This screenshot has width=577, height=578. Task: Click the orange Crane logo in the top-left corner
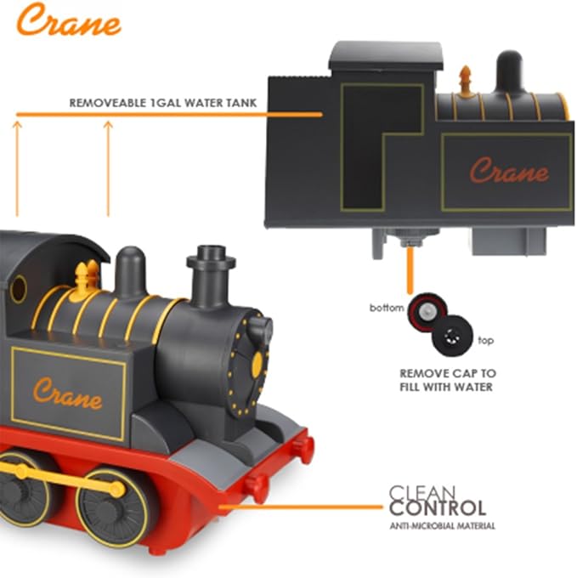[x=68, y=21]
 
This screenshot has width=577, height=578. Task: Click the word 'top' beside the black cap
[x=485, y=340]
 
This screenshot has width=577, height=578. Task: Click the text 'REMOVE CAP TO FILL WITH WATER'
[x=448, y=380]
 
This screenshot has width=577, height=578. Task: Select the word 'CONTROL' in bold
[x=438, y=509]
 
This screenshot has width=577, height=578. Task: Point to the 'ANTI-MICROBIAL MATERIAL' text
[x=442, y=527]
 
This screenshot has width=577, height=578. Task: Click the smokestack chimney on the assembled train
[x=210, y=274]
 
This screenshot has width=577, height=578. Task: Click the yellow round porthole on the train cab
[x=18, y=289]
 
